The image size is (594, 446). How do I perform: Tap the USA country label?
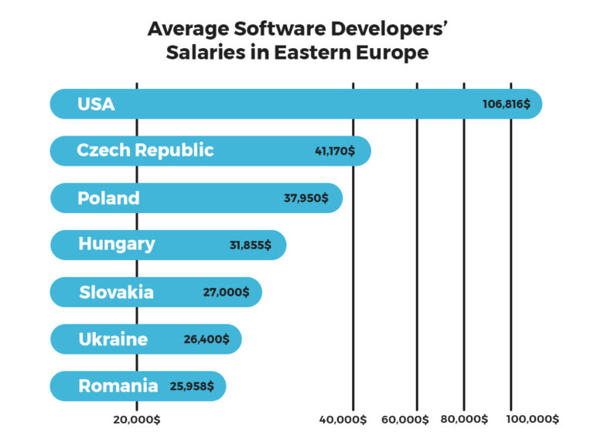96,104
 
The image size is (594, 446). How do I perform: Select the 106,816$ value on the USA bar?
507,105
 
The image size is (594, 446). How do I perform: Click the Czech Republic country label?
145,150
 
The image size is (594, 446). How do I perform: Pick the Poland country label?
108,197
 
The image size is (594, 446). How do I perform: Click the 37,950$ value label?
306,198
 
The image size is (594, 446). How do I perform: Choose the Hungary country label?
116,244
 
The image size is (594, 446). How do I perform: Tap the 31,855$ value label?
250,245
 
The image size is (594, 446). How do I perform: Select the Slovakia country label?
116,292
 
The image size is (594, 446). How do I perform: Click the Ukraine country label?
113,338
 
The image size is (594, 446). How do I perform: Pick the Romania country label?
118,386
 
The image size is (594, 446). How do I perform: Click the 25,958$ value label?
192,386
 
